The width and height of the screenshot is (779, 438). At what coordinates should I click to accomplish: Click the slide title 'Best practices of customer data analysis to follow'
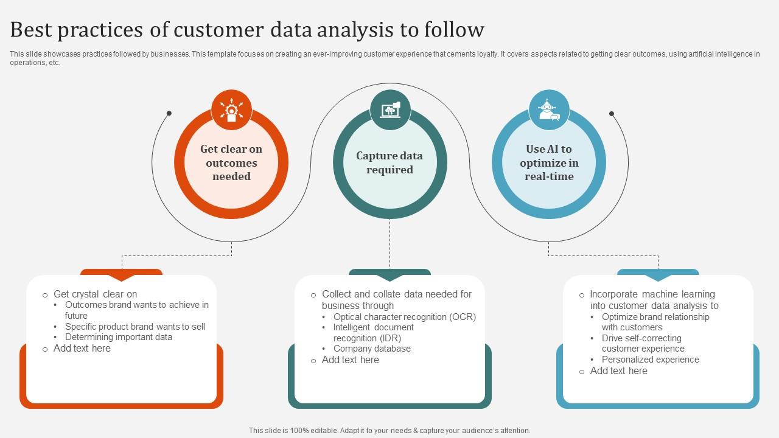click(x=247, y=29)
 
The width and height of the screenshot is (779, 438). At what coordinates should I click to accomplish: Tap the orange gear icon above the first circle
click(x=231, y=109)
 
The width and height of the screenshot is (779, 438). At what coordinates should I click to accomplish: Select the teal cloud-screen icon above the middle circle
click(x=390, y=109)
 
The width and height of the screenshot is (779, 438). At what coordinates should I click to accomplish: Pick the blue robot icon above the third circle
click(x=549, y=110)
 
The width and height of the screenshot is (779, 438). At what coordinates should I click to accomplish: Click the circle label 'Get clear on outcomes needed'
click(x=231, y=163)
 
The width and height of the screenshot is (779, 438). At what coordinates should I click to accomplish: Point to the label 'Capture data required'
click(x=389, y=163)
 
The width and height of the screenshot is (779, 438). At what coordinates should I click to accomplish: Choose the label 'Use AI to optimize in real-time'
click(x=549, y=163)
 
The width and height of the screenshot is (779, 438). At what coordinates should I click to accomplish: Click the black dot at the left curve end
click(x=169, y=113)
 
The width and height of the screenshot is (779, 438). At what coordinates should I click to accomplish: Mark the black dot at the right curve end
click(x=612, y=114)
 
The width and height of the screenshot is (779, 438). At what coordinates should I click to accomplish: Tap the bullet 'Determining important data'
click(x=118, y=337)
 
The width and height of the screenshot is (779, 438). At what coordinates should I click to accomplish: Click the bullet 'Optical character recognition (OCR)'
click(x=405, y=317)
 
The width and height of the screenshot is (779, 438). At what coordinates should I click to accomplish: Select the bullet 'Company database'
click(x=372, y=349)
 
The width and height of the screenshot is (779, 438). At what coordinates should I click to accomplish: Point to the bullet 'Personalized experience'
click(x=650, y=360)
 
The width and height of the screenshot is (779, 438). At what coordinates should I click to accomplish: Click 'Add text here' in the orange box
click(x=82, y=349)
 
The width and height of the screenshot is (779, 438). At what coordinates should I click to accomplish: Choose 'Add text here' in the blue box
click(x=618, y=370)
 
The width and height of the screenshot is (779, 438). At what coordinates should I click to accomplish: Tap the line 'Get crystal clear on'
click(x=96, y=294)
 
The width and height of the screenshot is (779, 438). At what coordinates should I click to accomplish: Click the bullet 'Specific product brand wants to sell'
click(x=135, y=327)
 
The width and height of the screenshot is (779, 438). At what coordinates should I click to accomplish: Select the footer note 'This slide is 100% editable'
click(x=389, y=430)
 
